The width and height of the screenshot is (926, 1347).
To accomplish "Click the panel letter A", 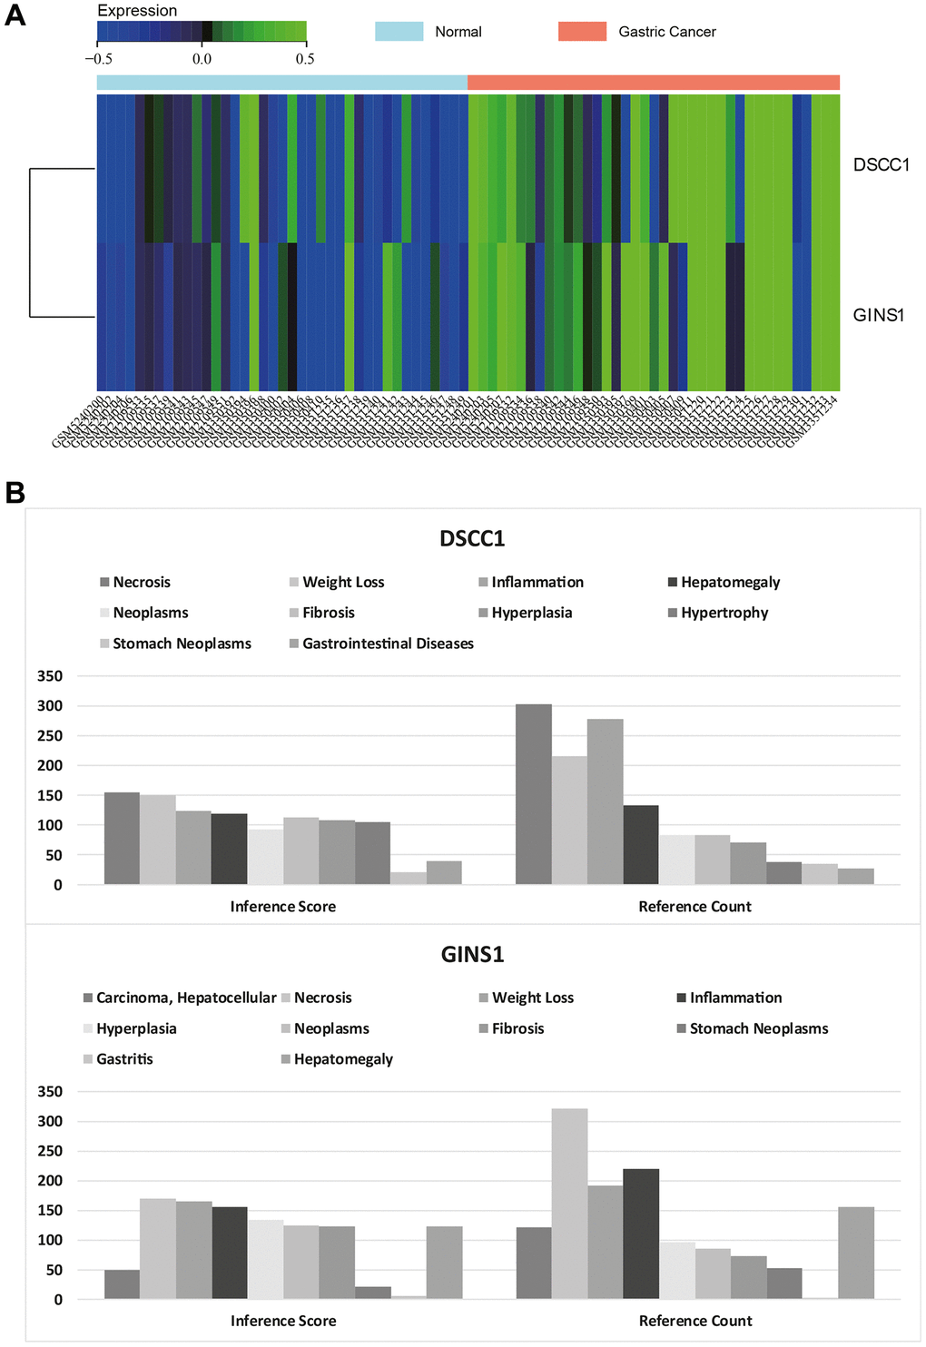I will [x=15, y=15].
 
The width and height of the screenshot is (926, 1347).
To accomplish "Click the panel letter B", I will [x=15, y=493].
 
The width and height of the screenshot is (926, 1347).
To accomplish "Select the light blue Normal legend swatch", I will [x=399, y=32].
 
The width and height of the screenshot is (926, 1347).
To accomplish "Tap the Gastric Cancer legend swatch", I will [x=582, y=32].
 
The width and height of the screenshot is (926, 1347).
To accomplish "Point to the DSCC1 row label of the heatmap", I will [x=881, y=165].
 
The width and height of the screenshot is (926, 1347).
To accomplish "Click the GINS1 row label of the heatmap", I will [x=878, y=316].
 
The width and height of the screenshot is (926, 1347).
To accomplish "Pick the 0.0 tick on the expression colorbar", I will [x=202, y=59].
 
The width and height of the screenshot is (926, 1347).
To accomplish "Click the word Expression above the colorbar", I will [x=137, y=11].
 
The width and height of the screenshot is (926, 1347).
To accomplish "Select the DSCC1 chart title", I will [x=472, y=539].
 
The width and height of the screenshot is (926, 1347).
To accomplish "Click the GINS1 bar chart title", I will [x=472, y=955].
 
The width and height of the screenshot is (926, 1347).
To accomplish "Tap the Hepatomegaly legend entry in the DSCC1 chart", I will [x=730, y=583].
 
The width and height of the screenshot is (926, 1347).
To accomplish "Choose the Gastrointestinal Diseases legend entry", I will [x=388, y=644].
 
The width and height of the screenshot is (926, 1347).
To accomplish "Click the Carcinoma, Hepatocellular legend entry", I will [x=185, y=998].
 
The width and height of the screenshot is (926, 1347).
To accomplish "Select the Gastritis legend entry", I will [x=124, y=1059].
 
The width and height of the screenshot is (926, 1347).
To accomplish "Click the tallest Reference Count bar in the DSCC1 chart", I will [x=534, y=794].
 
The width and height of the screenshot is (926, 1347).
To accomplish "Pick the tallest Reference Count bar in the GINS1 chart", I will [x=569, y=1204].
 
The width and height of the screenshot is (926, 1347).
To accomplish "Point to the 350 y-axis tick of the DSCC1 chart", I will [x=50, y=676].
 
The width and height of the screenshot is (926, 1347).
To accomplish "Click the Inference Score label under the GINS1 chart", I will [x=283, y=1322].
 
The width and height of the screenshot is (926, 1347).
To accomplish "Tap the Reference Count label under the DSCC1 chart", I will [x=694, y=907].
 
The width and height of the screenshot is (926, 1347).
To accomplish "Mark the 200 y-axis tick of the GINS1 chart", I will [x=50, y=1181].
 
